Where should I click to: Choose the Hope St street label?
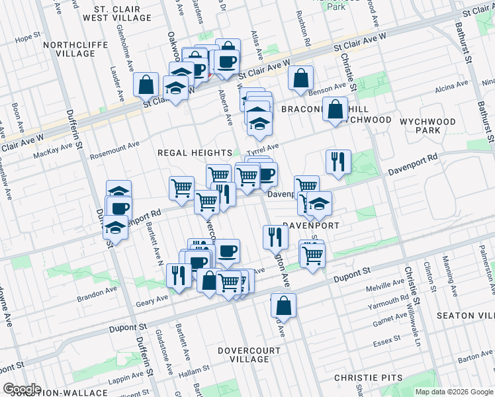click(28, 38)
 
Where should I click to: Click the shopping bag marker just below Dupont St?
click(283, 306)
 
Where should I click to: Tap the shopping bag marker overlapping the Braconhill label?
click(336, 109)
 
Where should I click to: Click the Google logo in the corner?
click(21, 389)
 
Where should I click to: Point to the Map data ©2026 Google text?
click(453, 392)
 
